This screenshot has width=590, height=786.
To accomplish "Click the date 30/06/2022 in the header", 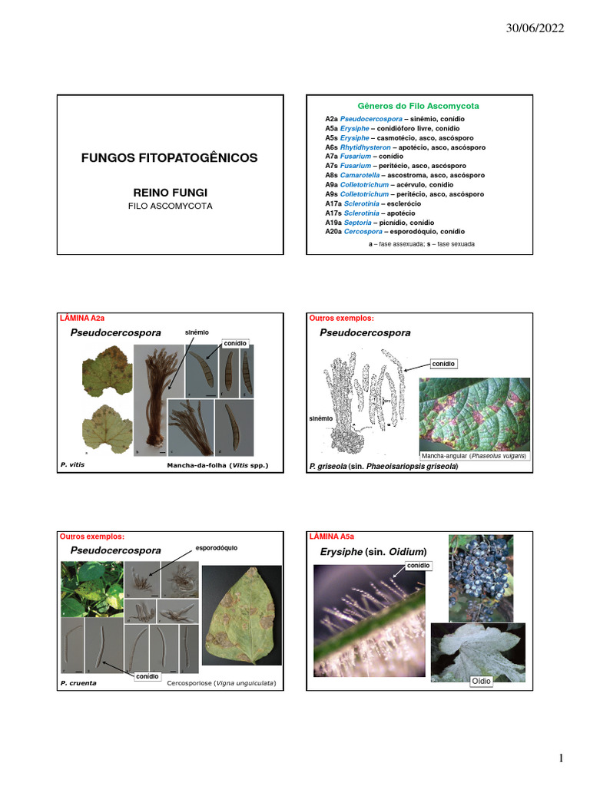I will point(535,28).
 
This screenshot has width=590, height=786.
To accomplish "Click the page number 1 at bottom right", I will point(561,759).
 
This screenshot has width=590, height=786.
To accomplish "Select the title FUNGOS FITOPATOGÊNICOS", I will point(170,158).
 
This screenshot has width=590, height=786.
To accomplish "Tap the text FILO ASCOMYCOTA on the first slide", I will point(170,206).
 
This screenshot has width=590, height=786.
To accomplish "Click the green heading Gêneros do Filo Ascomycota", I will point(419,105).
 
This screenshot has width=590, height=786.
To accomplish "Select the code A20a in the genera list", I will point(332,231).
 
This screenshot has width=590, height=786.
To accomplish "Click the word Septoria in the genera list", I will point(357,222).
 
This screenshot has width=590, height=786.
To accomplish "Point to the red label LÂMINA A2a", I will point(82,316).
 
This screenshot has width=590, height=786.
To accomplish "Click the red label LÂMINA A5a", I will point(331,537).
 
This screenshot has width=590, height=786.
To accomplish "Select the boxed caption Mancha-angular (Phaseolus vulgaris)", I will point(473,455).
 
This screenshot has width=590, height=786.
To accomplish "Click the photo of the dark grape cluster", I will point(481,576).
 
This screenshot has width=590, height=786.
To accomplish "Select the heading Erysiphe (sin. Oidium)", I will point(373,552).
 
